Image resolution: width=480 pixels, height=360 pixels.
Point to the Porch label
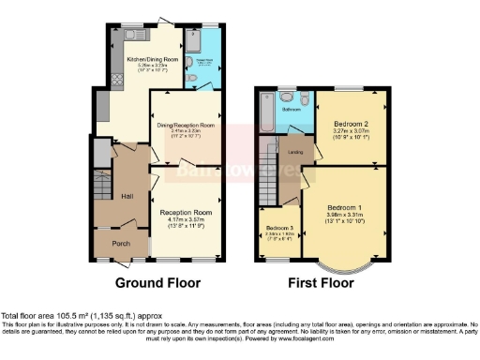coord(119,244)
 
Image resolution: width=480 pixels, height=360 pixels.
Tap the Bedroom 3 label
coord(278,229)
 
